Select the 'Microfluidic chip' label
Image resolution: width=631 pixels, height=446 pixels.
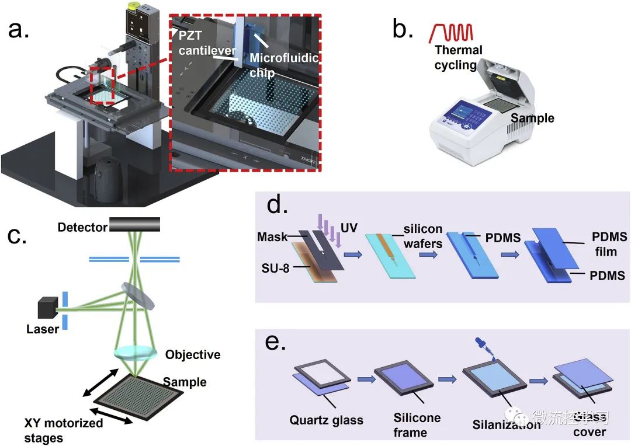(x=276, y=65)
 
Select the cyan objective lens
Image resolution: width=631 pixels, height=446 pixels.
(x=136, y=353)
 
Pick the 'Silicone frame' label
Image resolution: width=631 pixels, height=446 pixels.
(x=417, y=425)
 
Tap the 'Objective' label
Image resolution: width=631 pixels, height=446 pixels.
(x=193, y=354)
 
